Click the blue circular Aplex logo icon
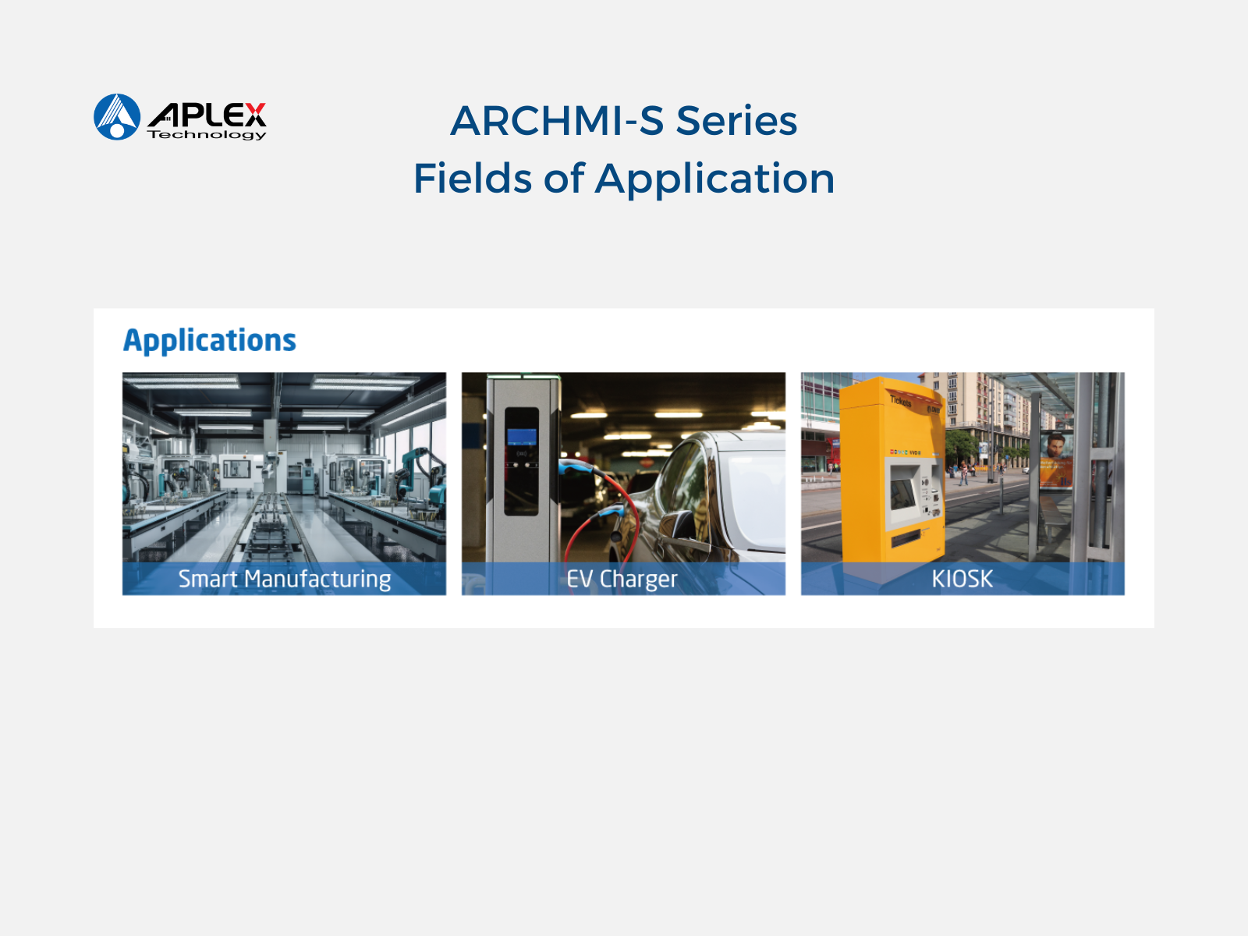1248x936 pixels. point(117,117)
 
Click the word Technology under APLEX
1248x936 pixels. point(207,135)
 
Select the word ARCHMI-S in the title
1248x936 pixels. point(557,120)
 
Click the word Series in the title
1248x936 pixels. point(737,120)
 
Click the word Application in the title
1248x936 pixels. point(714,179)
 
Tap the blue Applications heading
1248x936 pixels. point(210,340)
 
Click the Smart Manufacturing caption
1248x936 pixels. point(285,579)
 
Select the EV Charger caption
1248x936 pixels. point(622,579)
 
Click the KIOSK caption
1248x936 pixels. point(962,579)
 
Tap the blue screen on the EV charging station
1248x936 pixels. point(521,437)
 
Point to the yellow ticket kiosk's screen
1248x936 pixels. point(902,493)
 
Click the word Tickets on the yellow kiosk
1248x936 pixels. point(901,401)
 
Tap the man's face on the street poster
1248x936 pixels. point(1056,446)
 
